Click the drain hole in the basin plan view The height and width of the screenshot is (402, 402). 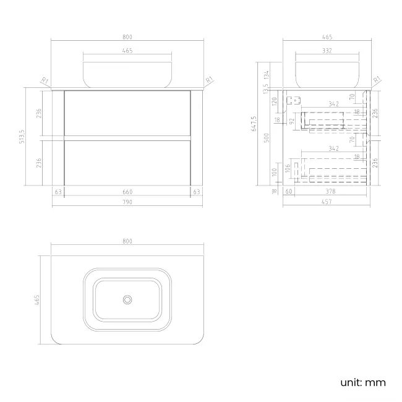click(127, 299)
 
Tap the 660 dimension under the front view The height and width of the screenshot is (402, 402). click(127, 192)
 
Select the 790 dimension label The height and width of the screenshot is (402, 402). click(127, 202)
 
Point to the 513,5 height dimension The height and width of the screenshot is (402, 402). click(22, 137)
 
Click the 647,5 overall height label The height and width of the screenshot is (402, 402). click(254, 124)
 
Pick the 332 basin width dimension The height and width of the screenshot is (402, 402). click(327, 51)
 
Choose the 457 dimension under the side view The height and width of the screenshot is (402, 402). click(327, 202)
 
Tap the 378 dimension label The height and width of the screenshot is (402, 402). click(330, 191)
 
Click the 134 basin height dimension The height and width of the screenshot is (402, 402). click(267, 75)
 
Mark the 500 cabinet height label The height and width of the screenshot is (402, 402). click(267, 138)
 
